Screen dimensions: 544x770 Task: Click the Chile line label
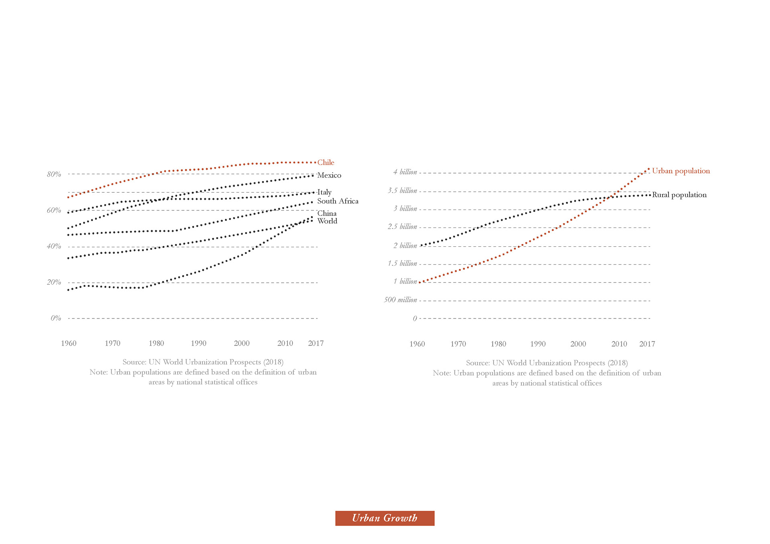pyautogui.click(x=326, y=162)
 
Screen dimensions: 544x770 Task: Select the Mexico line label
pyautogui.click(x=329, y=175)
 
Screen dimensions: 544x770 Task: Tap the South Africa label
pyautogui.click(x=338, y=201)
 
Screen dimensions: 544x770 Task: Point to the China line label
pyautogui.click(x=327, y=213)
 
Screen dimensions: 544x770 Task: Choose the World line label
pyautogui.click(x=327, y=221)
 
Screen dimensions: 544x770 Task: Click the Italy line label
pyautogui.click(x=324, y=192)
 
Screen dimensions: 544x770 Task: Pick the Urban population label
pyautogui.click(x=681, y=171)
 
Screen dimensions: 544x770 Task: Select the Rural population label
pyautogui.click(x=679, y=195)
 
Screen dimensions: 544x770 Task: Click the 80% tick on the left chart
pyautogui.click(x=54, y=174)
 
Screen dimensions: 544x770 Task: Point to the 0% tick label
pyautogui.click(x=56, y=318)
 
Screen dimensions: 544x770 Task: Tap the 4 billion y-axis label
pyautogui.click(x=405, y=172)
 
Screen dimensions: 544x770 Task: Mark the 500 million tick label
pyautogui.click(x=400, y=300)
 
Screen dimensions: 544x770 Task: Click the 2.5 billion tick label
pyautogui.click(x=402, y=227)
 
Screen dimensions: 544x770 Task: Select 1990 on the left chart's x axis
pyautogui.click(x=199, y=343)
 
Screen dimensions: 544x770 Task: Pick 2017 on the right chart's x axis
pyautogui.click(x=647, y=344)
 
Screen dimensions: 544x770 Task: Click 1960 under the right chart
pyautogui.click(x=417, y=344)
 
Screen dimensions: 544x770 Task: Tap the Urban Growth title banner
pyautogui.click(x=385, y=518)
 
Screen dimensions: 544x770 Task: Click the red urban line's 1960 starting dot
pyautogui.click(x=420, y=282)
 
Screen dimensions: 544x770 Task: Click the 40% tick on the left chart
pyautogui.click(x=54, y=246)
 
